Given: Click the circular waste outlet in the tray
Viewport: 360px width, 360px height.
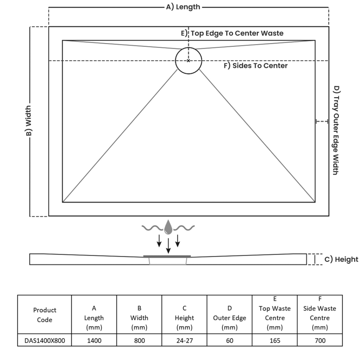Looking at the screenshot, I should (189, 60).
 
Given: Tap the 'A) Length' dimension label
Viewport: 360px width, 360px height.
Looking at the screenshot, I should (183, 7).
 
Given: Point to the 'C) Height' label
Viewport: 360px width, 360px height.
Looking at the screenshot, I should (341, 259).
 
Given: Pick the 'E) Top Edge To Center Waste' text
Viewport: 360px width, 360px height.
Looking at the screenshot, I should (232, 33).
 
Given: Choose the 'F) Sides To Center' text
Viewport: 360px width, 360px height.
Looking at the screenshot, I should (256, 66).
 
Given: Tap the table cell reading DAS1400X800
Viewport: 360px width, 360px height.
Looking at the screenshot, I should (45, 341).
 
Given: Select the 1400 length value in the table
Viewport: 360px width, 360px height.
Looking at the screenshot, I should (94, 341).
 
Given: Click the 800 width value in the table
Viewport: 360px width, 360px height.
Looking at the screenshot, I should (139, 341).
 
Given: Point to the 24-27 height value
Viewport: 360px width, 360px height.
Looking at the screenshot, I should (184, 341).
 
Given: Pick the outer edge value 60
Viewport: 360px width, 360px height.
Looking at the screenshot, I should (229, 341).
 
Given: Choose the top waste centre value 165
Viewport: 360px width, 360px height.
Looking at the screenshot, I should (274, 341).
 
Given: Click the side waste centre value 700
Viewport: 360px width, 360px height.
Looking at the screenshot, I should (320, 341).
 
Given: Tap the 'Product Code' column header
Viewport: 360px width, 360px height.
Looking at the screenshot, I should (45, 315).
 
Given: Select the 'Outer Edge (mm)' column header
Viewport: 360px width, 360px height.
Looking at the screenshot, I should (229, 318).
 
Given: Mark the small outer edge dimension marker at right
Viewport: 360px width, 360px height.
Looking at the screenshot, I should (321, 121).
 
